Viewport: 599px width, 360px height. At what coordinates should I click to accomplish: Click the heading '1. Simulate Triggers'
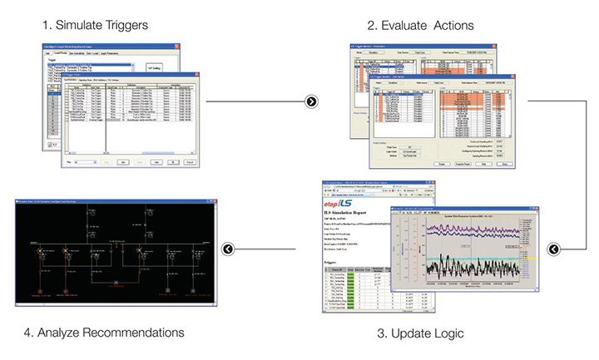[x=97, y=25]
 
